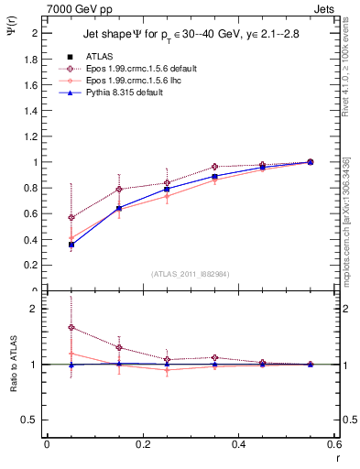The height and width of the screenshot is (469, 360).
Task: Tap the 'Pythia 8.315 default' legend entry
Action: click(x=120, y=93)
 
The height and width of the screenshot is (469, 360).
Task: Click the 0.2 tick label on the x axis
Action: click(x=142, y=444)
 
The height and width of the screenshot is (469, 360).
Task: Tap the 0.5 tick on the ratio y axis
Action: click(x=30, y=420)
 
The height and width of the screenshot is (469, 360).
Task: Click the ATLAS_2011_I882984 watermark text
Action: click(x=191, y=274)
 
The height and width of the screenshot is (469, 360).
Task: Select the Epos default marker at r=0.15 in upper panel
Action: click(x=119, y=190)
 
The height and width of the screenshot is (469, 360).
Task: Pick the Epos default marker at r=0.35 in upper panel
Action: click(x=214, y=167)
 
